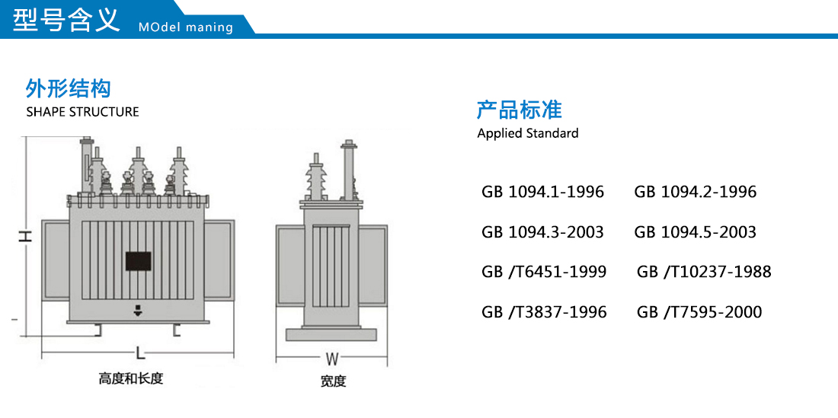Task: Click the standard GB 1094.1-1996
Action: [542, 192]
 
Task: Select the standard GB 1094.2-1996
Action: [696, 192]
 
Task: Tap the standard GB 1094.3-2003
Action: [542, 231]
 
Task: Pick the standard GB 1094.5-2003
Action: [696, 231]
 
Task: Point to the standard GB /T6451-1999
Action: [544, 272]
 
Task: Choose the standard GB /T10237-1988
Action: [704, 272]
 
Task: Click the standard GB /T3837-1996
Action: [544, 311]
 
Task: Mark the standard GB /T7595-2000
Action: [699, 311]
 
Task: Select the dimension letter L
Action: [139, 353]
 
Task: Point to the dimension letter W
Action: [332, 359]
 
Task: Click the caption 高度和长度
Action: [131, 379]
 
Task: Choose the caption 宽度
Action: [333, 381]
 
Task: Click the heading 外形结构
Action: [69, 88]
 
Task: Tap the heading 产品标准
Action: [520, 110]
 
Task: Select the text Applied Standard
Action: [528, 133]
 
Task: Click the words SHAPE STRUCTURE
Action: [82, 112]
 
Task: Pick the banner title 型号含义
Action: [66, 20]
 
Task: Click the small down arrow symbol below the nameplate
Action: [138, 311]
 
